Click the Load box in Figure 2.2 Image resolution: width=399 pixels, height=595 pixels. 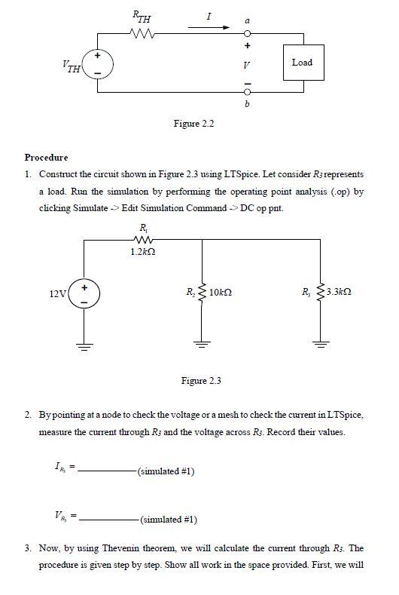[x=302, y=63]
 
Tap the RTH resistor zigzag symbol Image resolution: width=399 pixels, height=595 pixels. [x=142, y=32]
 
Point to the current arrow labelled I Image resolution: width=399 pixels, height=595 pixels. [x=221, y=26]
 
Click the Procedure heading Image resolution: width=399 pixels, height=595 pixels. [x=46, y=158]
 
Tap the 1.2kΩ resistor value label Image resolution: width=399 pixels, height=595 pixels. [x=142, y=252]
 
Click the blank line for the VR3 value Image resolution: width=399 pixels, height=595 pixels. [x=106, y=519]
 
